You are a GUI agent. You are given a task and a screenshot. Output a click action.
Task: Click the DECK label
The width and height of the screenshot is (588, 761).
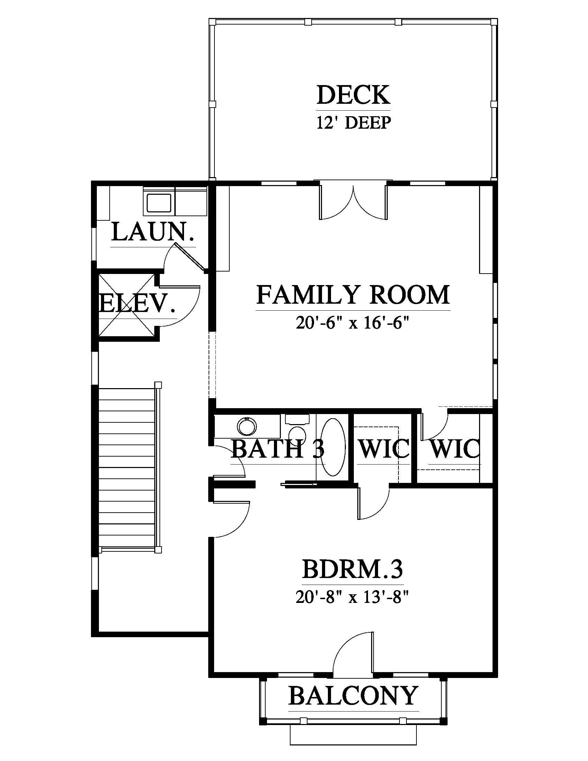[x=353, y=95]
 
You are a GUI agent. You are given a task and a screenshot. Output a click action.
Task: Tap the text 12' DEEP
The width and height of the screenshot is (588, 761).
[x=353, y=123]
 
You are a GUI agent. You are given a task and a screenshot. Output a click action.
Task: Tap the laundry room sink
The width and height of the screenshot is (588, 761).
[x=159, y=203]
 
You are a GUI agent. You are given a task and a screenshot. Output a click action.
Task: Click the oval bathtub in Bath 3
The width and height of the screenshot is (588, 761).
[x=333, y=447]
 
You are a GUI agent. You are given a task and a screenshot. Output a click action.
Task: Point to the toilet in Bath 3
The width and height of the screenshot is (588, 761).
[x=297, y=428]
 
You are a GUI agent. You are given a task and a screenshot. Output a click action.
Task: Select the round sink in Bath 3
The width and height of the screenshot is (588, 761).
[x=247, y=426]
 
